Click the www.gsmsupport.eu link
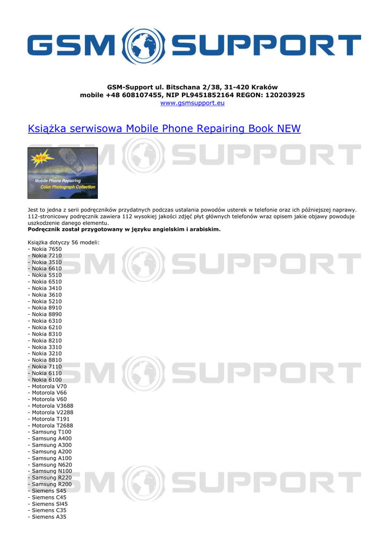(192, 103)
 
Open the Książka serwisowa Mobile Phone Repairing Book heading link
(164, 129)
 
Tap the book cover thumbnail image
(63, 173)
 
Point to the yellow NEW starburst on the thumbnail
(40, 158)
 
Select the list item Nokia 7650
(47, 249)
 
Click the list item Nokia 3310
(47, 347)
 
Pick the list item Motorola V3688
(53, 406)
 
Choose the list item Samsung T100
(52, 432)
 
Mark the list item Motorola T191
(50, 419)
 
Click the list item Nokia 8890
(47, 314)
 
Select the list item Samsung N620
(52, 465)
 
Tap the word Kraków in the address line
(264, 87)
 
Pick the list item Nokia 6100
(47, 380)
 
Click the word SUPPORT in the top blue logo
(268, 46)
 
